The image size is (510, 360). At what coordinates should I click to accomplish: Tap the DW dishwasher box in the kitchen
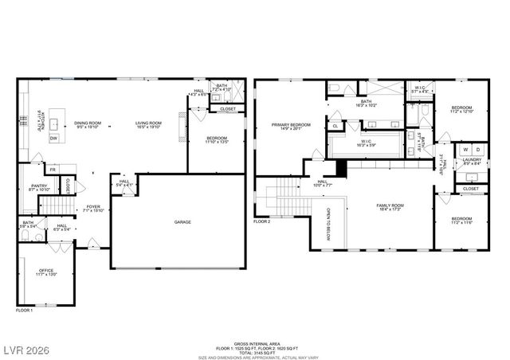54,139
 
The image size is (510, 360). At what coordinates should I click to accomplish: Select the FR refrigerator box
53,169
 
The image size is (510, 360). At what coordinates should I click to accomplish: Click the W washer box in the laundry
465,149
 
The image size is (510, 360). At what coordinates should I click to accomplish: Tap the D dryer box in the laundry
477,149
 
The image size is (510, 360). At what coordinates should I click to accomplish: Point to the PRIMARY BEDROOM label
290,124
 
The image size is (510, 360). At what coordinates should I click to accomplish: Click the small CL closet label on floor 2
335,125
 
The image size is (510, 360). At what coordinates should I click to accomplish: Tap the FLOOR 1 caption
25,309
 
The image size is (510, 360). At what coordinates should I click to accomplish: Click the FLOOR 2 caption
263,221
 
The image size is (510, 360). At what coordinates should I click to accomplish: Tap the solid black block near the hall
341,168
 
